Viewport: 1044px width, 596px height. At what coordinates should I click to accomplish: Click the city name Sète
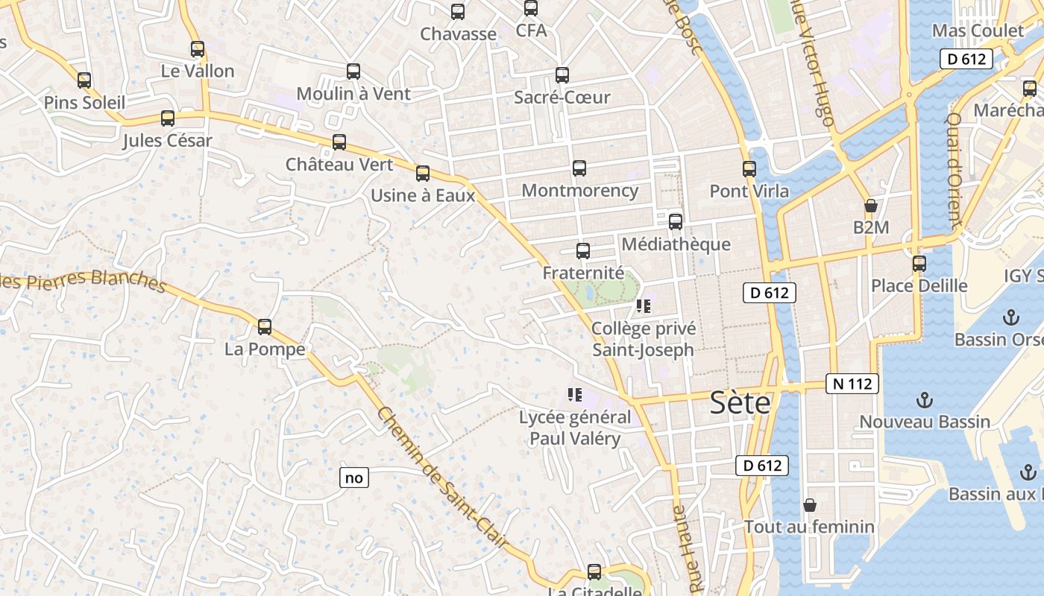(x=740, y=402)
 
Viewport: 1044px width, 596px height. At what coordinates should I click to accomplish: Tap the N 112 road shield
(x=852, y=384)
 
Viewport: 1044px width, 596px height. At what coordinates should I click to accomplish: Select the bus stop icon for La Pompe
(x=265, y=327)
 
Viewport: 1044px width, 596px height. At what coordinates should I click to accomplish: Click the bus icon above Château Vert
(x=339, y=142)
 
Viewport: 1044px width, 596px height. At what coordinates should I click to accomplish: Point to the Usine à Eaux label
(x=423, y=196)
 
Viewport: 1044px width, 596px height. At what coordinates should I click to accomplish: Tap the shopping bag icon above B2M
(x=870, y=206)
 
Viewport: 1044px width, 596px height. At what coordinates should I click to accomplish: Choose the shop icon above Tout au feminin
(x=810, y=506)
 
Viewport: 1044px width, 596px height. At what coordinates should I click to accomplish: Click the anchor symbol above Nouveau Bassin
(x=924, y=401)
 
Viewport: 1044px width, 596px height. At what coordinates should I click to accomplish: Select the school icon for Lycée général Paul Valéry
(x=574, y=395)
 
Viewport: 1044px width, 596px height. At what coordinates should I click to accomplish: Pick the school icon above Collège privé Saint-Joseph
(x=644, y=306)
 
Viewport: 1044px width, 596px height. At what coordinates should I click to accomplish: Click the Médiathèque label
(x=676, y=244)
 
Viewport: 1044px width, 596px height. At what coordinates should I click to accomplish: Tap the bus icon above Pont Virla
(x=749, y=169)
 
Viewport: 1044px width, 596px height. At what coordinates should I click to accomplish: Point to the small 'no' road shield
(x=354, y=478)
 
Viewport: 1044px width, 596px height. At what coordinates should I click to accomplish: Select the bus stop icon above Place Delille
(x=919, y=264)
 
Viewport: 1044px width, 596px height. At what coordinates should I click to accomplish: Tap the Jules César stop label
(x=167, y=141)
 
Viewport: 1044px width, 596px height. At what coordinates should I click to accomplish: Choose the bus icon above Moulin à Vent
(x=353, y=72)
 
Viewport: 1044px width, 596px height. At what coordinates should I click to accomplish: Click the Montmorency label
(x=579, y=191)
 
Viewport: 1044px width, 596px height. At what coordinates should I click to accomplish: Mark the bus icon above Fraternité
(x=583, y=251)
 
